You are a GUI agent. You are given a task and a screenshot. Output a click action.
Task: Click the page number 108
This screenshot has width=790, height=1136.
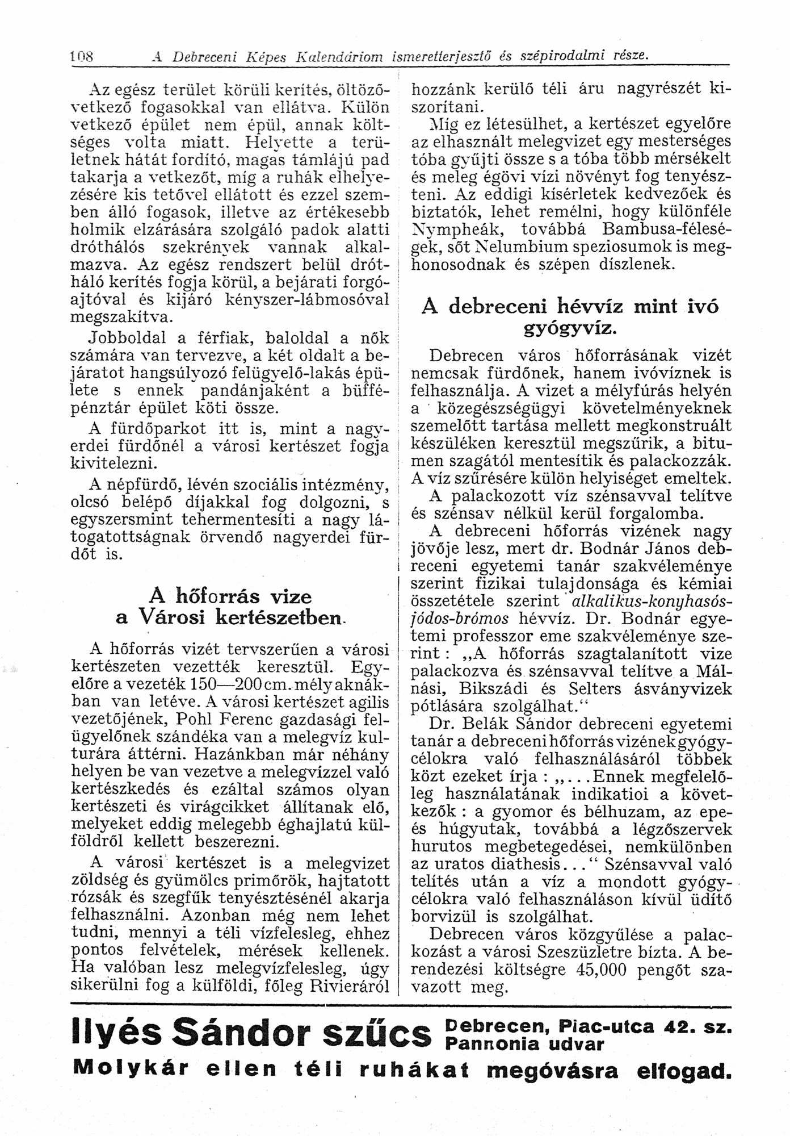pos(81,57)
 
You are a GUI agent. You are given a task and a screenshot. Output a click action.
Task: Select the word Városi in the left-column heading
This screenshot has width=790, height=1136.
pos(175,617)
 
